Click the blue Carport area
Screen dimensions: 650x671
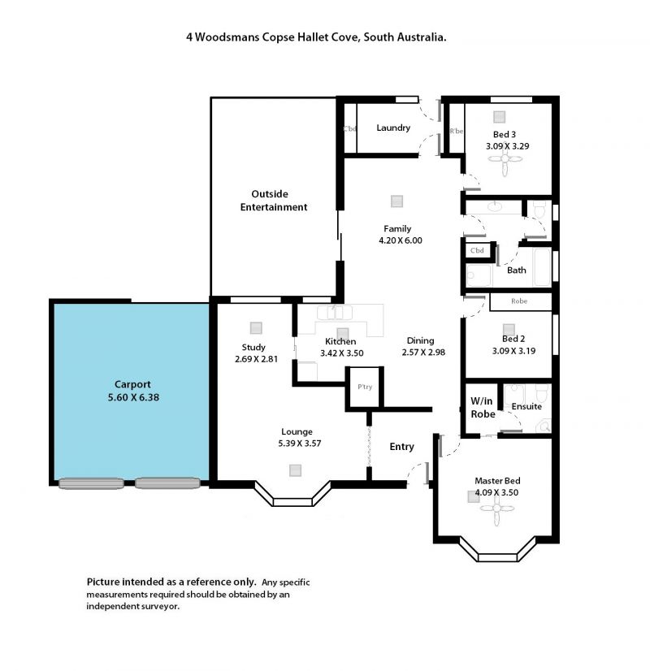[x=132, y=392]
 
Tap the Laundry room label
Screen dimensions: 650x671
[x=393, y=128]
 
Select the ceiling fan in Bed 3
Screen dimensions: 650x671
[x=505, y=159]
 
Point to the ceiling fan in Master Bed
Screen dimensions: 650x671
[x=496, y=509]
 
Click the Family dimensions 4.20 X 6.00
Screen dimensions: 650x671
[x=401, y=240]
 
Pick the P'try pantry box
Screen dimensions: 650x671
[x=365, y=387]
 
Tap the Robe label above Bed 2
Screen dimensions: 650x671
[x=519, y=301]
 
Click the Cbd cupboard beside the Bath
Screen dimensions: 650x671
[x=477, y=250]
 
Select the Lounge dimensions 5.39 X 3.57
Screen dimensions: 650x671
[x=300, y=444]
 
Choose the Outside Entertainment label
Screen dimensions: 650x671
[x=274, y=201]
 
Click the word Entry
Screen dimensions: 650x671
[x=402, y=447]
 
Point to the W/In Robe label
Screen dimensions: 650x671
[x=483, y=408]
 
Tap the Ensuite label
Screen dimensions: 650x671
[x=526, y=406]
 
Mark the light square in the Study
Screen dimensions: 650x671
[x=256, y=328]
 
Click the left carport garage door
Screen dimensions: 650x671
[x=91, y=483]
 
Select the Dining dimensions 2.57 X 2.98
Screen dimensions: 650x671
[x=423, y=353]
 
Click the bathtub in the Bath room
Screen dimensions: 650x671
[x=542, y=267]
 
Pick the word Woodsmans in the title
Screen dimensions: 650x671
[x=227, y=37]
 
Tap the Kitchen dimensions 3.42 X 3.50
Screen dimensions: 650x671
[x=342, y=353]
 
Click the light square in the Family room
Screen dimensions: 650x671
[x=397, y=201]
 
